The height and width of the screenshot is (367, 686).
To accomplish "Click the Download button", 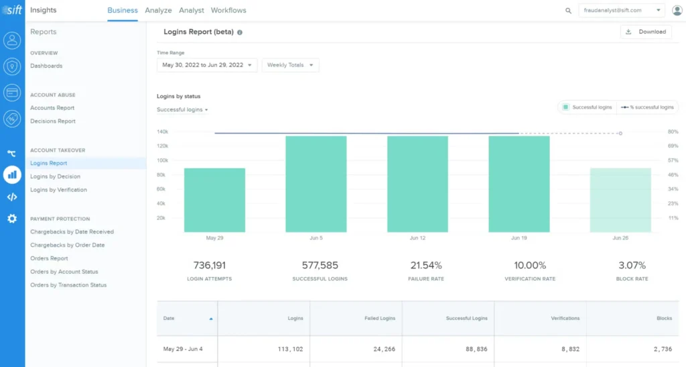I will (x=646, y=32).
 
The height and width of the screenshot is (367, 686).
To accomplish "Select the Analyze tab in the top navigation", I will (x=158, y=11).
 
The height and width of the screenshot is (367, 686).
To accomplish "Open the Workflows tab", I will (x=228, y=11).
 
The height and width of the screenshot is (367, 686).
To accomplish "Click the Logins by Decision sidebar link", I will (x=55, y=176).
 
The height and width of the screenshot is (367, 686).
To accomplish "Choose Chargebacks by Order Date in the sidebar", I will (x=67, y=245).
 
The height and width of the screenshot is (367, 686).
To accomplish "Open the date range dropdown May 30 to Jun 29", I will (x=206, y=65).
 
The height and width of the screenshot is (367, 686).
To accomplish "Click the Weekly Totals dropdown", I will (x=290, y=65).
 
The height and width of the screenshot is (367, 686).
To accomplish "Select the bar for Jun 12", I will (x=417, y=184).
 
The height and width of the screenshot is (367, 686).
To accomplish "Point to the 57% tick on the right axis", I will (x=673, y=160).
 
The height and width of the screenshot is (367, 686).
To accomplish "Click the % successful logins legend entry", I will (x=647, y=107).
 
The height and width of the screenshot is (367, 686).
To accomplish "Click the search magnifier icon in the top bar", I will (x=568, y=11).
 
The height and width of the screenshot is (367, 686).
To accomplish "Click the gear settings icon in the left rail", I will (x=12, y=219).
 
